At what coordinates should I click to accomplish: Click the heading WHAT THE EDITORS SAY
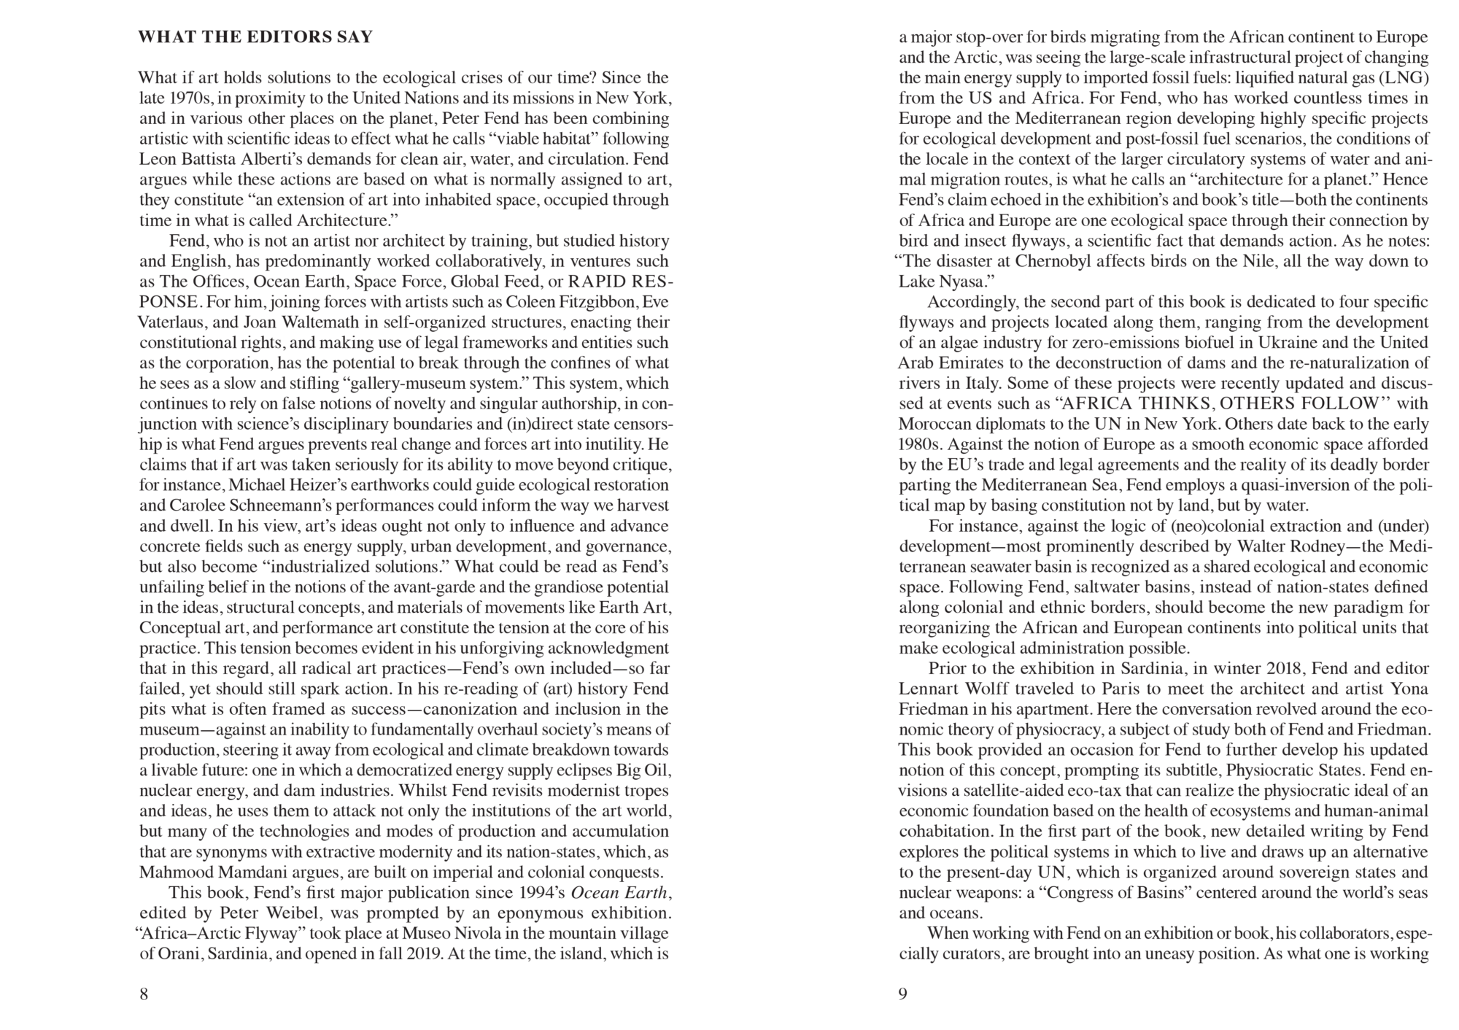(x=255, y=37)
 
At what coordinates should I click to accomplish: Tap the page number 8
(x=144, y=994)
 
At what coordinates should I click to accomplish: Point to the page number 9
(x=903, y=994)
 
